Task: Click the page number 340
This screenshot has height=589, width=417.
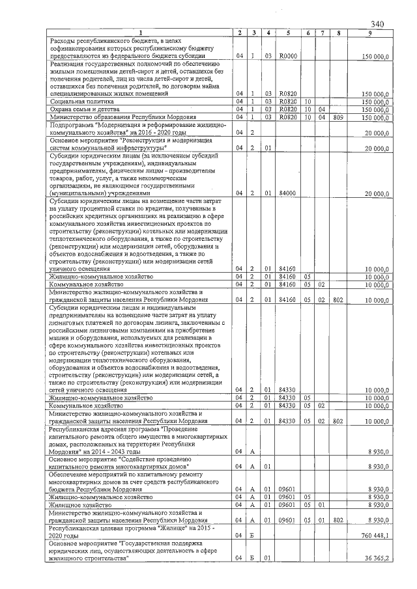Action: tap(376, 23)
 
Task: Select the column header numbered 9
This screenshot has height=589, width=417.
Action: tap(370, 33)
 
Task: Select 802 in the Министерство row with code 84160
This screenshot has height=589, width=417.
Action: tap(338, 299)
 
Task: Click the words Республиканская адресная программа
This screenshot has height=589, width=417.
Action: tap(98, 430)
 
